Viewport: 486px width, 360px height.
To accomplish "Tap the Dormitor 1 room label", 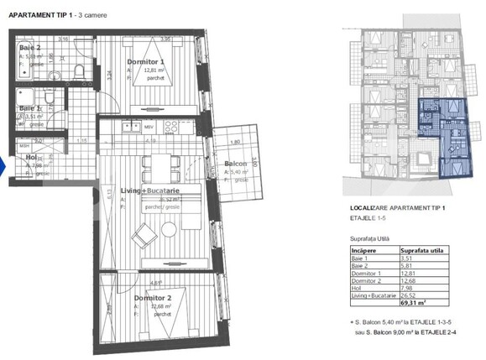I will (x=145, y=62).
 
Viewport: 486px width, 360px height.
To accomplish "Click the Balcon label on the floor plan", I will (x=236, y=164).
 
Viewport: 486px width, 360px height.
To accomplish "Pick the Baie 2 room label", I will (x=29, y=48).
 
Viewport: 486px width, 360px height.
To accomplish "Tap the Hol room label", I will (x=30, y=157).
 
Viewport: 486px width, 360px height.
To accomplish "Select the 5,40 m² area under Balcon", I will (x=239, y=172).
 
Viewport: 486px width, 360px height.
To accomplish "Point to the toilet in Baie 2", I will (x=76, y=70).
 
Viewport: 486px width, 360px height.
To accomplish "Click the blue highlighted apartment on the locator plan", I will (x=445, y=134).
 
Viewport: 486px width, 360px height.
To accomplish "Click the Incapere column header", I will (x=365, y=250).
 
